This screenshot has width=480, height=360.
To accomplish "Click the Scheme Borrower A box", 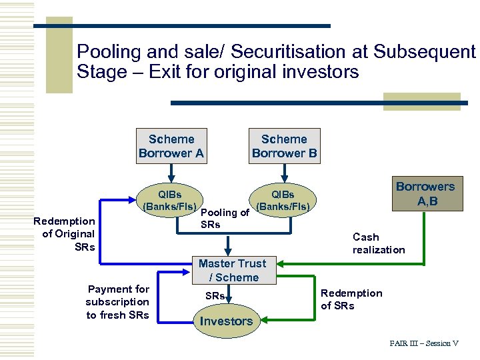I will pos(171,146).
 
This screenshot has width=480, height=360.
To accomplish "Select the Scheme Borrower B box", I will pos(285,146).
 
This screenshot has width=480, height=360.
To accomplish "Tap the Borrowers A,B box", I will pos(425,193).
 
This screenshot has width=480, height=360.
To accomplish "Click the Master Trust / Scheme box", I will pos(232,271).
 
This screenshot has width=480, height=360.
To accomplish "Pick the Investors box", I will pos(226,321).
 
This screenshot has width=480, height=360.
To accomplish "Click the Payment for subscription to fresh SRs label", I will pos(118,301).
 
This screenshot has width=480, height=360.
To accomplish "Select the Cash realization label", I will pos(379,243).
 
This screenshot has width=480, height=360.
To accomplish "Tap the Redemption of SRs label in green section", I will pos(351,299).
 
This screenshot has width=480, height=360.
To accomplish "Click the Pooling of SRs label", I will pos(224,219).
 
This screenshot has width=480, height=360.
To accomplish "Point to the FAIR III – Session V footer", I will pos(424,343).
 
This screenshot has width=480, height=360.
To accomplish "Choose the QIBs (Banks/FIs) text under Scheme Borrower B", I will pos(283,201).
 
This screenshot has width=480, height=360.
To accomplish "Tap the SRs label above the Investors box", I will pos(214,294).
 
